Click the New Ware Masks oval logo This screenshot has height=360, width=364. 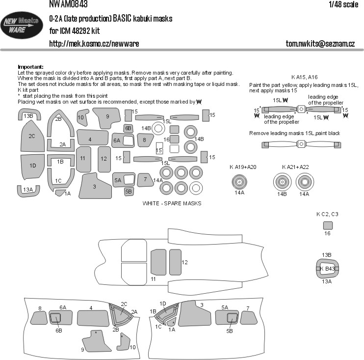click(x=22, y=26)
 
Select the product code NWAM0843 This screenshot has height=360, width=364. click(x=68, y=4)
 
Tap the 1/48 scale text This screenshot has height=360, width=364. click(x=343, y=4)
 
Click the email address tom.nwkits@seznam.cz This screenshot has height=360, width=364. click(x=320, y=44)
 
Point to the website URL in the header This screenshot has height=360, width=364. click(x=94, y=44)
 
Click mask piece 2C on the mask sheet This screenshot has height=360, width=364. click(x=32, y=136)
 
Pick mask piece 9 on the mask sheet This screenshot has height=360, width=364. click(x=107, y=117)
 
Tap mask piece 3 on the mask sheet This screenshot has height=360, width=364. click(x=95, y=186)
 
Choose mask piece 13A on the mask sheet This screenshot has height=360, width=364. click(x=28, y=191)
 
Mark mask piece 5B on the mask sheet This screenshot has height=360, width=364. click(x=129, y=192)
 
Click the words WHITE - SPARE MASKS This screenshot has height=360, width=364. click(x=172, y=203)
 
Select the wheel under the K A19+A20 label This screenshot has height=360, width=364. click(x=239, y=182)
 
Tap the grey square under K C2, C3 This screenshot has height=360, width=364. click(x=328, y=225)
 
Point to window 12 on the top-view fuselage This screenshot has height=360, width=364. click(x=175, y=262)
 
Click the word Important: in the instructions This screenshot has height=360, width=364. click(x=30, y=67)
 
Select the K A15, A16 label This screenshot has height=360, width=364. click(x=304, y=77)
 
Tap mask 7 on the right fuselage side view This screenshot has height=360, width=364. click(x=249, y=318)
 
